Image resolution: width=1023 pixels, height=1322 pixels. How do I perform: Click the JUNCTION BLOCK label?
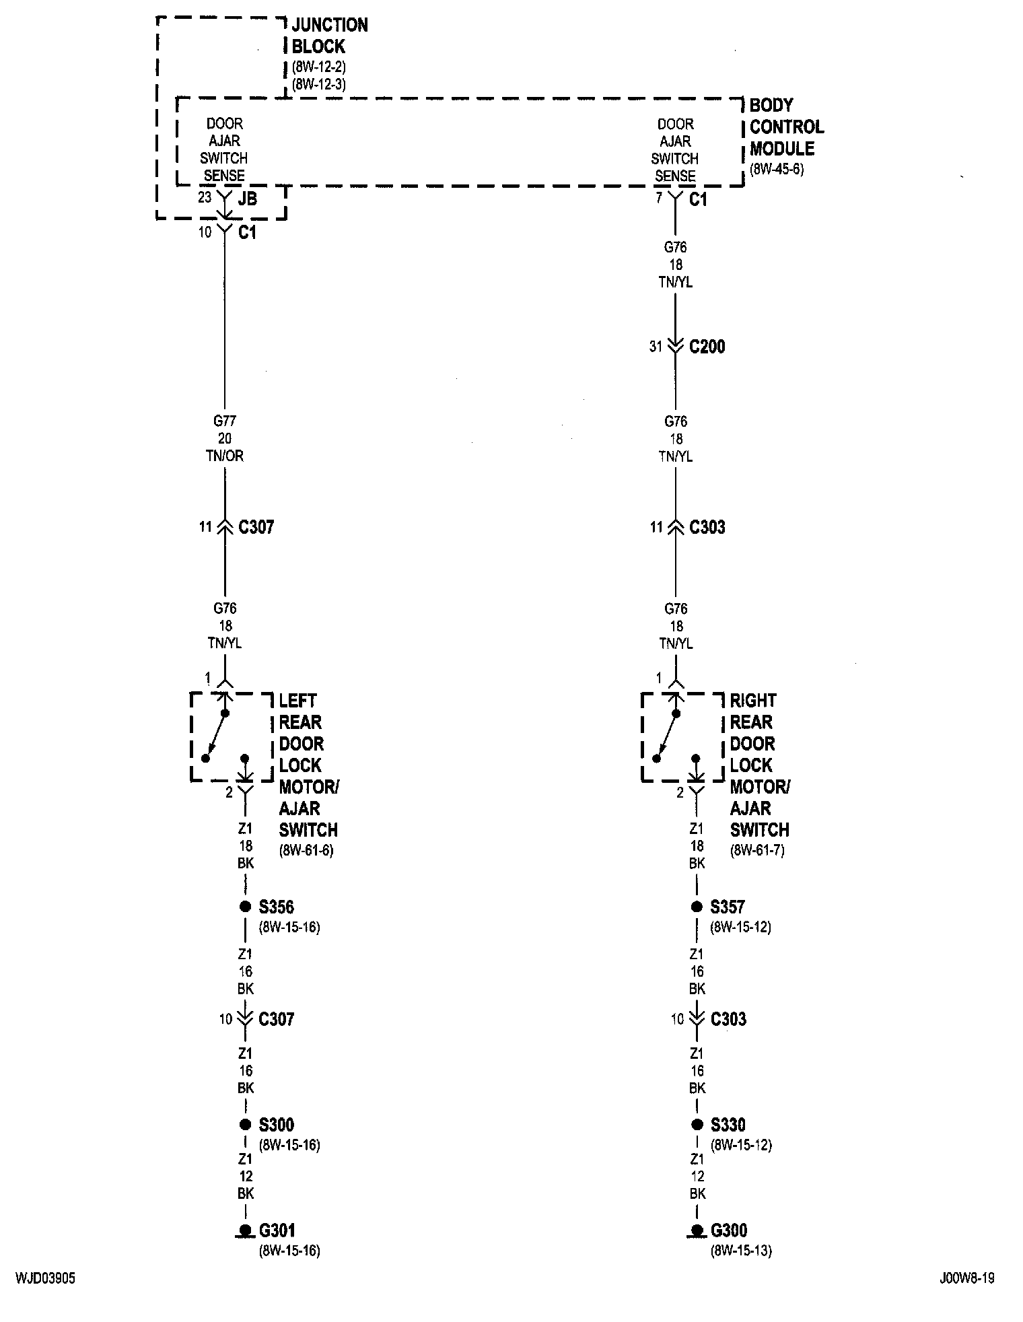tap(329, 36)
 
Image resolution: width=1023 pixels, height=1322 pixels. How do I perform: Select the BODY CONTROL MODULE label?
tap(786, 127)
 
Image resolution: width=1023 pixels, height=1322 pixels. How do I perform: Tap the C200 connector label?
tap(707, 347)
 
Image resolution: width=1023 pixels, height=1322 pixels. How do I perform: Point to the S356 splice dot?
tap(245, 907)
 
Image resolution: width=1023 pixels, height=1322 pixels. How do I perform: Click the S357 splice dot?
tap(697, 907)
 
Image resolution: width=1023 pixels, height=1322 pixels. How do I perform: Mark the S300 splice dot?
tap(245, 1124)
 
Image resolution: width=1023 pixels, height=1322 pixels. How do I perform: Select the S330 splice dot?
tap(697, 1124)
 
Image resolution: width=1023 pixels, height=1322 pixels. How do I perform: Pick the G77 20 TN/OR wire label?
tap(225, 438)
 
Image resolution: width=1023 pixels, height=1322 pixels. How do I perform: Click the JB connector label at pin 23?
tap(247, 199)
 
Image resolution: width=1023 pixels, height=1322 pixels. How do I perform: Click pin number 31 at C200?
tap(656, 347)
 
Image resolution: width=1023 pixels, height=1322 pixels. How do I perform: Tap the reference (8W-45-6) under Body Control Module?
tap(777, 170)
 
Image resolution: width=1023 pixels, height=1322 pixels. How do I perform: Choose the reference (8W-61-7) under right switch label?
tap(757, 850)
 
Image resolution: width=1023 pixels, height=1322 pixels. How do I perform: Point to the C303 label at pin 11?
tap(707, 527)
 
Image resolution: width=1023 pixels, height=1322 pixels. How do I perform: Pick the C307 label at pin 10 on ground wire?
tap(276, 1019)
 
